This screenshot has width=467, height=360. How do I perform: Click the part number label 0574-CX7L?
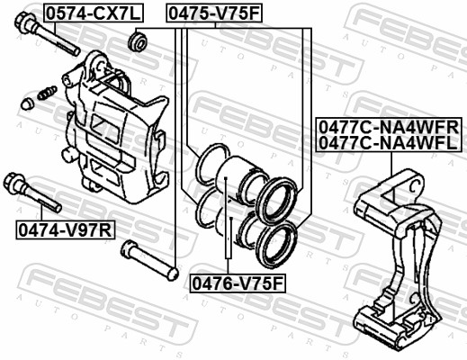[82, 13]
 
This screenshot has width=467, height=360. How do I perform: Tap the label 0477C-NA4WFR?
[388, 127]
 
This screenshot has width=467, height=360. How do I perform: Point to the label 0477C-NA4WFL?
[388, 142]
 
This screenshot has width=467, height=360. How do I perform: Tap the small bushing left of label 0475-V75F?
[139, 41]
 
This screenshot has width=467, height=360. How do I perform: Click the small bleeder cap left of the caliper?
[29, 104]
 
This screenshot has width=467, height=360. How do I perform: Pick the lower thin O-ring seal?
[205, 208]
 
